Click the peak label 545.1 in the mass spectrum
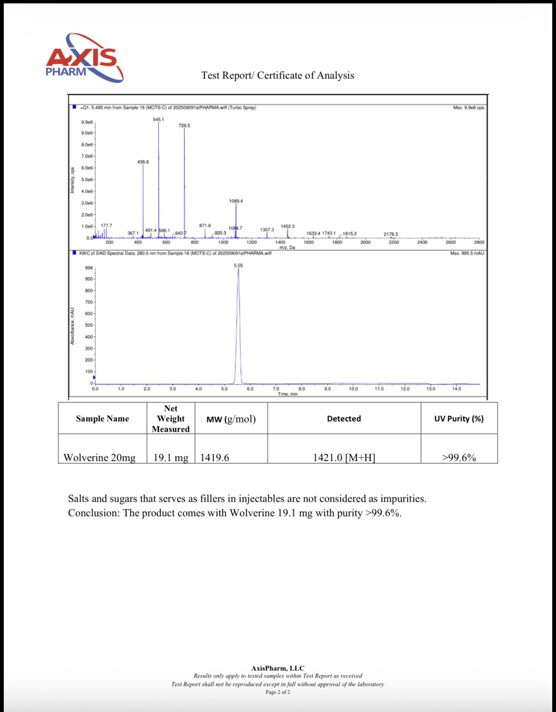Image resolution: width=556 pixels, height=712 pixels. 158,120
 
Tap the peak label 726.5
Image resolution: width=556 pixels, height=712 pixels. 184,126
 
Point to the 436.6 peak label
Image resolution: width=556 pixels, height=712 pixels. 143,162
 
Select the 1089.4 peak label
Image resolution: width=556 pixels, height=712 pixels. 236,201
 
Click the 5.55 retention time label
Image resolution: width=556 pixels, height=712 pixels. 238,266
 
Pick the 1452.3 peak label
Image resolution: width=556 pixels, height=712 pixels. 288,226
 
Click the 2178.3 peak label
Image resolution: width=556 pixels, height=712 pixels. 390,234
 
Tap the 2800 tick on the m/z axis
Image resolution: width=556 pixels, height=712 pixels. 479,242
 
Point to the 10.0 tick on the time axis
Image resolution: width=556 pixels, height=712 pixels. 353,389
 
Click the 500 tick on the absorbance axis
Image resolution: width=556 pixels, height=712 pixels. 89,325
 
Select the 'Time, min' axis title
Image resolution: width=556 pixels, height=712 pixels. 287,394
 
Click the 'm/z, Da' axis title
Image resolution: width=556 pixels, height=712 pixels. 287,247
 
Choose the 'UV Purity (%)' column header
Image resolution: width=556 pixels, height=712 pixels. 459,419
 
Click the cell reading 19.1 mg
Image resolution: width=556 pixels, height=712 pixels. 171,457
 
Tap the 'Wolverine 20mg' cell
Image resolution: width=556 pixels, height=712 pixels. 99,457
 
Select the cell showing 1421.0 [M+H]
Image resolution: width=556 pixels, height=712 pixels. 344,457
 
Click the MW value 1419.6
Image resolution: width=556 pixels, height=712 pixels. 214,457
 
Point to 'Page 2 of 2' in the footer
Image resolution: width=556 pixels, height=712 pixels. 278,692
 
